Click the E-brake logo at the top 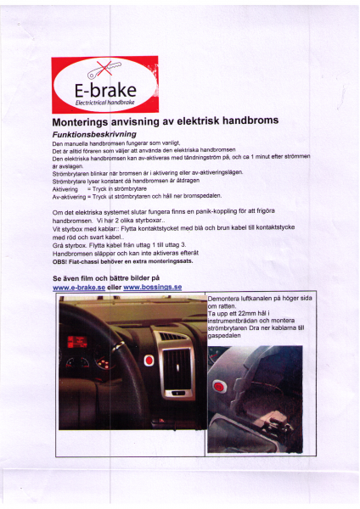click(104, 85)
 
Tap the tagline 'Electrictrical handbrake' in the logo click(104, 102)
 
